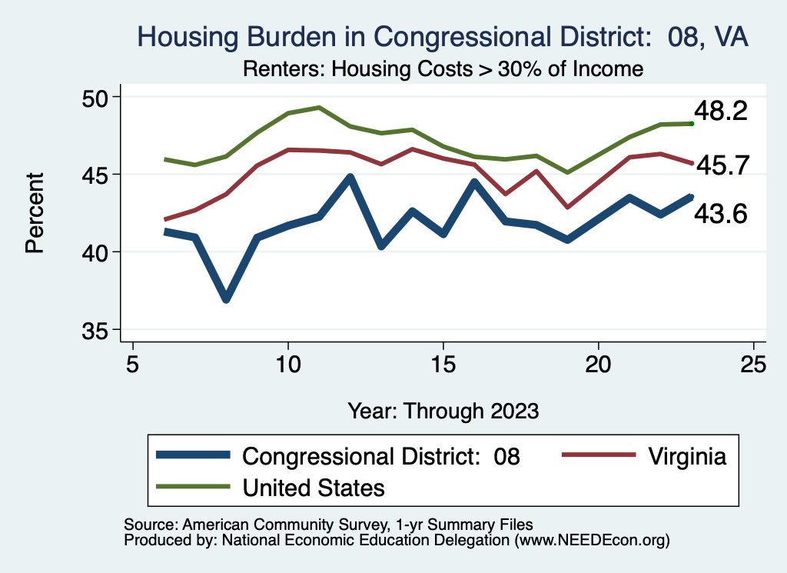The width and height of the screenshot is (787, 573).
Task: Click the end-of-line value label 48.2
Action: [x=720, y=112]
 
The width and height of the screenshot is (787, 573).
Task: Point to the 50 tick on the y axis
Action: [x=98, y=97]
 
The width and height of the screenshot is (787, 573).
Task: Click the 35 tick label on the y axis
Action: [x=98, y=331]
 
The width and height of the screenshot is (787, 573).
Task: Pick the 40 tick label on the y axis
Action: [x=98, y=252]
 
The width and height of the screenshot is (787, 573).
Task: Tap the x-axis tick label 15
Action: [x=443, y=364]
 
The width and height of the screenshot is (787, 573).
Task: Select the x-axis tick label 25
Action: [x=753, y=364]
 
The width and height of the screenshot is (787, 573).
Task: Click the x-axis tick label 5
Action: [x=133, y=364]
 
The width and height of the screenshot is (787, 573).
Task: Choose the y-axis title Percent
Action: [x=34, y=214]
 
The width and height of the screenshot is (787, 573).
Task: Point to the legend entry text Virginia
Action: [x=686, y=456]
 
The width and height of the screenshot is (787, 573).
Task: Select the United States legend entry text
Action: [x=314, y=487]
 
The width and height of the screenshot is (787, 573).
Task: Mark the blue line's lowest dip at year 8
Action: [x=226, y=298]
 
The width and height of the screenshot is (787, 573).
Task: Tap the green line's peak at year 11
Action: [x=319, y=108]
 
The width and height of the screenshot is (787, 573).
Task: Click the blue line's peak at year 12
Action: [x=350, y=178]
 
